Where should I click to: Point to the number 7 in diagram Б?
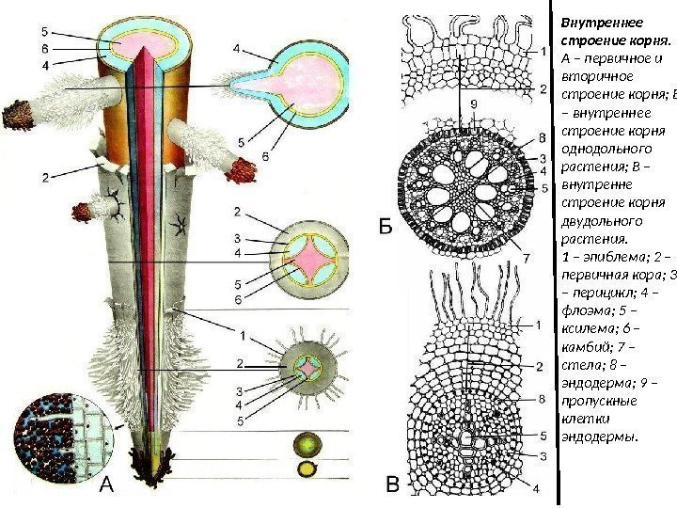click(527, 256)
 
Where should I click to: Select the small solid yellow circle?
click(307, 468)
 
